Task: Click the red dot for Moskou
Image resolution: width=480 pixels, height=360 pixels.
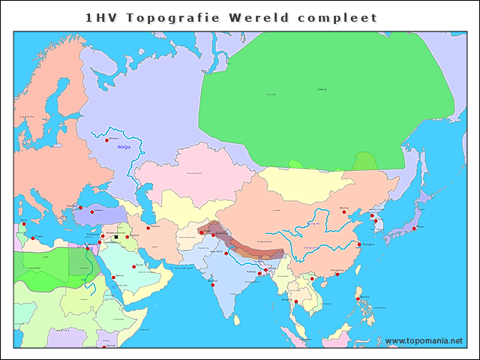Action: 107,139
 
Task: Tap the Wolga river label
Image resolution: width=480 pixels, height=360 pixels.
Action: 123,148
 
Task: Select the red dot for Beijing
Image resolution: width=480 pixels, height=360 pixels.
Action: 345,211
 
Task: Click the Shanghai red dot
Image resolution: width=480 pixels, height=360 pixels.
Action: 358,244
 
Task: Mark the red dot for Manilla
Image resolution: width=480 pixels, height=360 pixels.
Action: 358,298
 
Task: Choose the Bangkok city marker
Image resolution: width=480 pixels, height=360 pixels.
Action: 296,301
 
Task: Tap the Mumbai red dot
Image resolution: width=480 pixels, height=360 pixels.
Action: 213,284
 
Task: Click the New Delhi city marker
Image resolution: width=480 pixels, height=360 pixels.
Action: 226,253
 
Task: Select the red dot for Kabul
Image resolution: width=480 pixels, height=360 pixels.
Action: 201,232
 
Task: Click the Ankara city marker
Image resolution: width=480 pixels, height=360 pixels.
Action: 91,211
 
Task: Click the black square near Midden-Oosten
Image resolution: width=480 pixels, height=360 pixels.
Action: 115,238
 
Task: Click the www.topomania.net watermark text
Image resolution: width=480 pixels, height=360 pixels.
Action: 424,340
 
